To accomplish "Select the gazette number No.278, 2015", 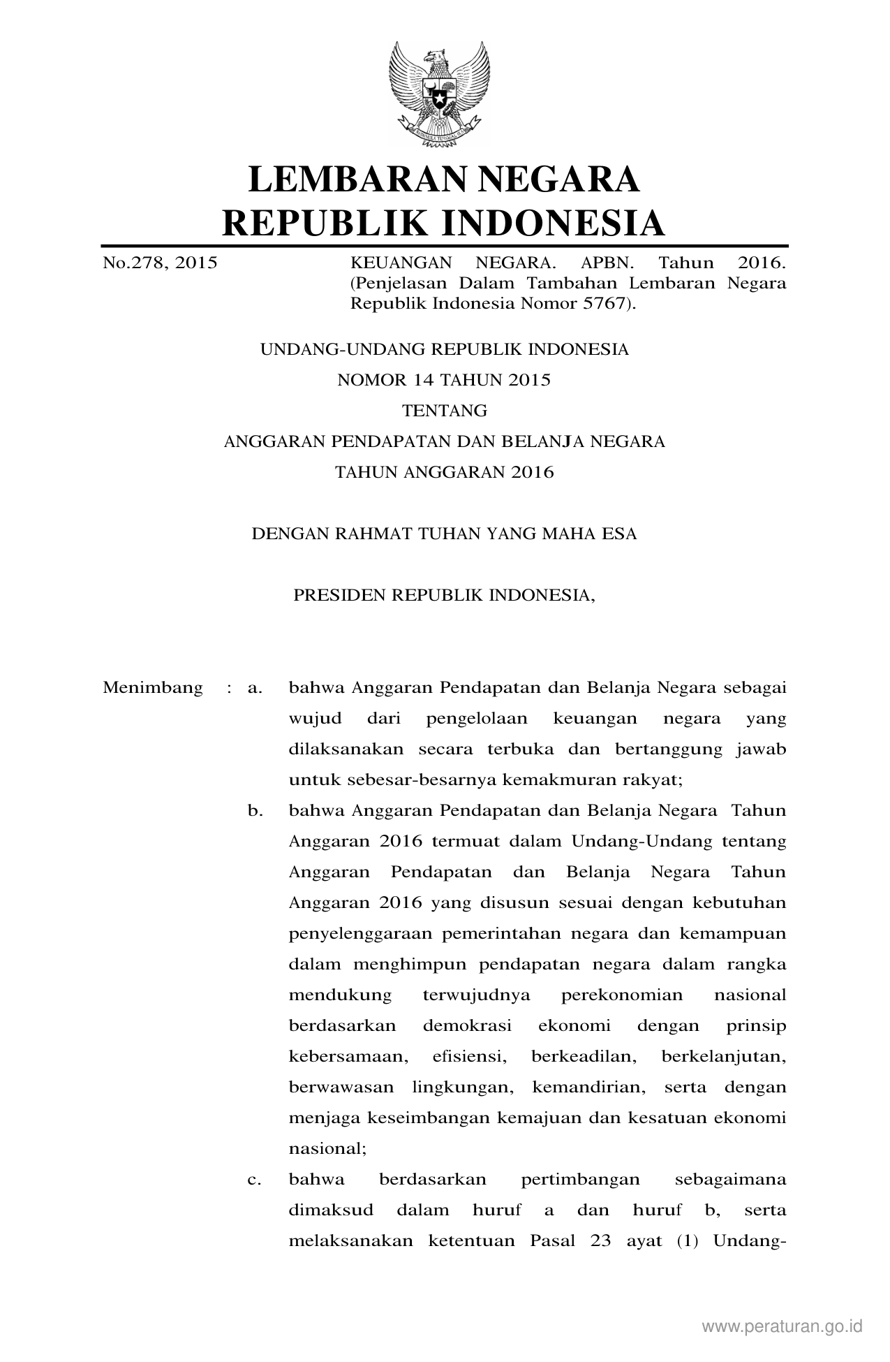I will [160, 263].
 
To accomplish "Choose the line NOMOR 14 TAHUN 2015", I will [444, 380].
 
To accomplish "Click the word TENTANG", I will [444, 411].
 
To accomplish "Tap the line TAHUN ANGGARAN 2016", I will [444, 472].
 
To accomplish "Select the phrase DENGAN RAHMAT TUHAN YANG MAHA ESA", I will [444, 534].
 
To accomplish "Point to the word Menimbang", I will [153, 687].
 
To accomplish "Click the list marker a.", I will [255, 688].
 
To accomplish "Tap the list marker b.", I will [255, 811].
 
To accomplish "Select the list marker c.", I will [255, 1180].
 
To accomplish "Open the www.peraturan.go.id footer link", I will [782, 1326].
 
